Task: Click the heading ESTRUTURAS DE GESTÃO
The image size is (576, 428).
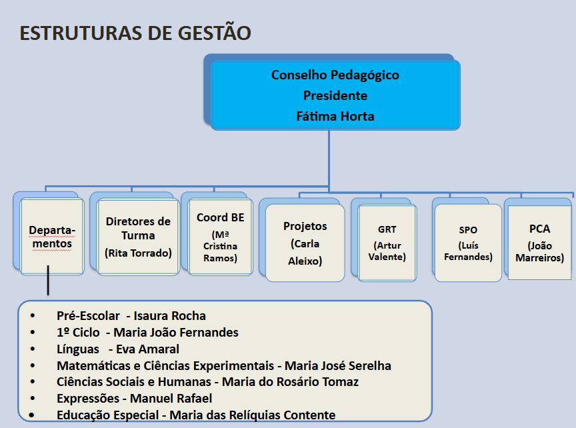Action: click(x=135, y=33)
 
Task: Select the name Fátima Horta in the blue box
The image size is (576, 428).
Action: click(x=335, y=116)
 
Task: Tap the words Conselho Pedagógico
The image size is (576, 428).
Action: click(x=335, y=75)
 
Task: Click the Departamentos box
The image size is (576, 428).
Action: click(x=51, y=237)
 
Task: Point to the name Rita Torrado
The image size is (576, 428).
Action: click(x=138, y=253)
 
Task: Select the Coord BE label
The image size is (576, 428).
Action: click(x=221, y=217)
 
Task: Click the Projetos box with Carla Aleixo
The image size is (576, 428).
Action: click(x=305, y=243)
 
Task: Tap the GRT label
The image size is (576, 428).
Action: click(x=387, y=229)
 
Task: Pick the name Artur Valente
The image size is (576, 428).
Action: click(x=387, y=251)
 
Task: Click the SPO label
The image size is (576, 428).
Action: click(x=468, y=230)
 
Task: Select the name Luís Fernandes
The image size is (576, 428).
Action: click(x=468, y=251)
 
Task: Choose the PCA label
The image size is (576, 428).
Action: click(x=539, y=229)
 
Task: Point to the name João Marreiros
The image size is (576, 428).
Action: click(x=539, y=252)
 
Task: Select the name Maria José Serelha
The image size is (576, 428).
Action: click(x=337, y=365)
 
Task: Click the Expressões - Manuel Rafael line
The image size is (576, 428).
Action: click(x=134, y=399)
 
